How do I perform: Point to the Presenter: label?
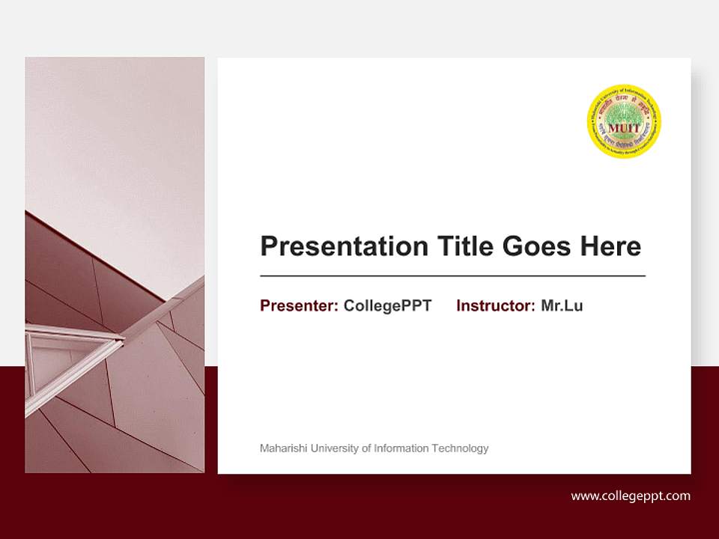[x=299, y=305]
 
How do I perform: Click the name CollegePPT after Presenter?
[x=387, y=305]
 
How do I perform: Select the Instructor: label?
[x=495, y=305]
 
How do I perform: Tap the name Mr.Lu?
[x=562, y=305]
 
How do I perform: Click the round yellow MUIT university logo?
[x=624, y=121]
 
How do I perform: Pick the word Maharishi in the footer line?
[x=282, y=448]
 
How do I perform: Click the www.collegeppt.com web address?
[x=631, y=496]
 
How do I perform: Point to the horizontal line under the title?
[x=452, y=276]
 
